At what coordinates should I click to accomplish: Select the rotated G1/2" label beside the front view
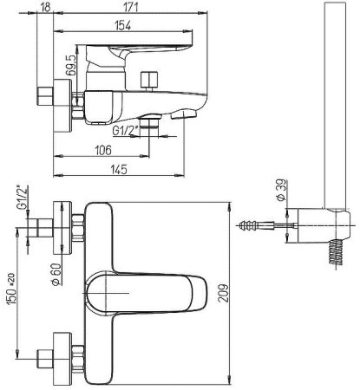click(18, 198)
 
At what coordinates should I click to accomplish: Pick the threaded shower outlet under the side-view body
click(154, 126)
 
